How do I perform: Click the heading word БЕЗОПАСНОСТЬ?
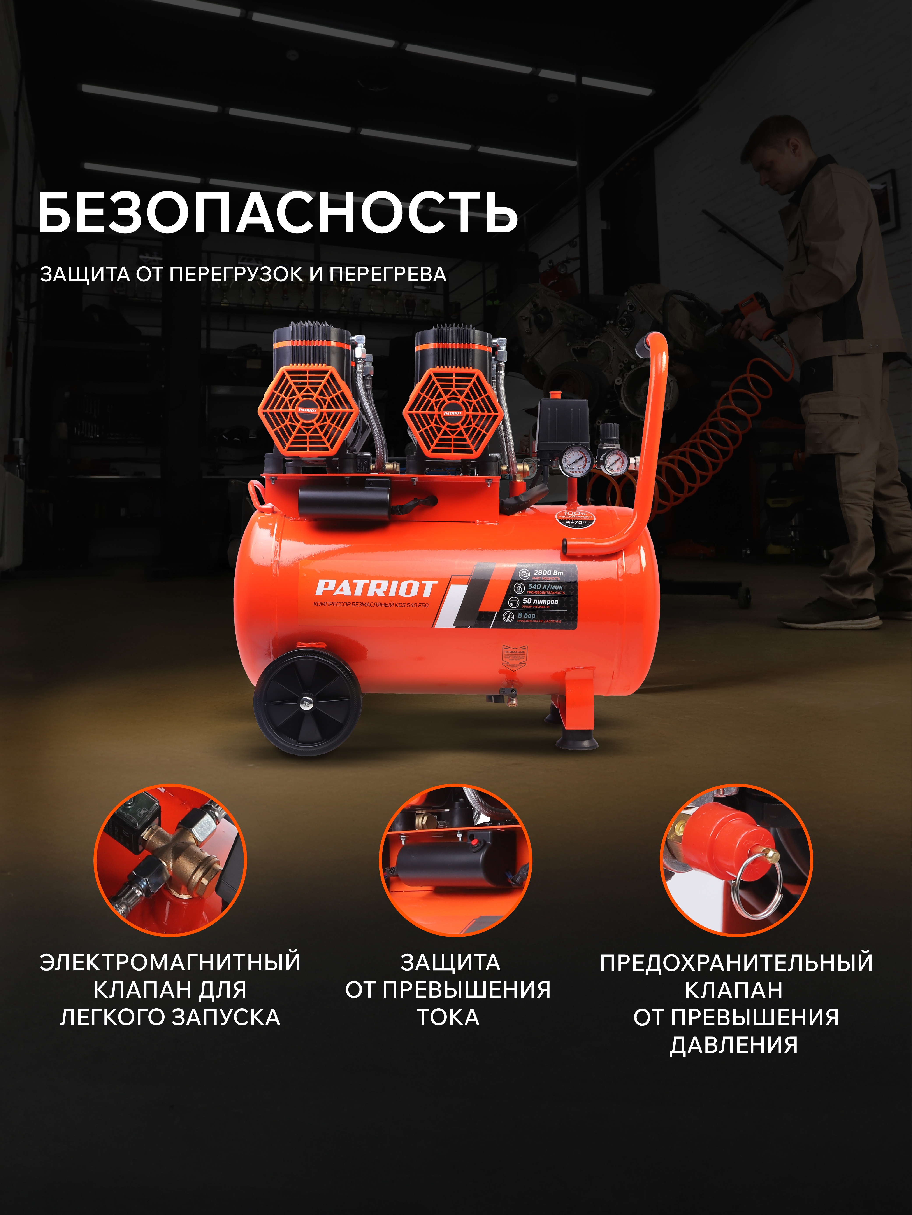[278, 213]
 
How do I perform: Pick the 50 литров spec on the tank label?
[540, 601]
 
